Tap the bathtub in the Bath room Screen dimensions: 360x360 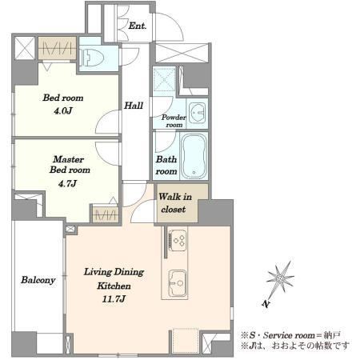pos(194,156)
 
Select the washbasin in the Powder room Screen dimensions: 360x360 pos(198,113)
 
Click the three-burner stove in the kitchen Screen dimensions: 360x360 pos(178,240)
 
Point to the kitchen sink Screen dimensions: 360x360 pos(178,283)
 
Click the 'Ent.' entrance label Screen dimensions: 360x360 pos(138,26)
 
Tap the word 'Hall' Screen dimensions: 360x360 pos(134,106)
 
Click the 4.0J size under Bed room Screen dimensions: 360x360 pos(63,110)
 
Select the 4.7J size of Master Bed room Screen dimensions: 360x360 pos(67,183)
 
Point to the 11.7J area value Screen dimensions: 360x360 pos(114,299)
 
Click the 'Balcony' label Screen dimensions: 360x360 pos(38,280)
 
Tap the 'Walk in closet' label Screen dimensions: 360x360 pos(175,203)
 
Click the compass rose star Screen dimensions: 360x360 pos(280,278)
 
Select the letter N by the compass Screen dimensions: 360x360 pos(266,304)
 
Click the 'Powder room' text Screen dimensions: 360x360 pos(174,121)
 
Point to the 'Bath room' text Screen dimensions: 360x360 pos(166,165)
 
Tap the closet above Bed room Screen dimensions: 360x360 pos(57,48)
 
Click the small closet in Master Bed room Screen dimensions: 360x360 pos(106,214)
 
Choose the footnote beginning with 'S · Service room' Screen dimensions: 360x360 pos(291,334)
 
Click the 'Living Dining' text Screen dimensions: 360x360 pos(114,272)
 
